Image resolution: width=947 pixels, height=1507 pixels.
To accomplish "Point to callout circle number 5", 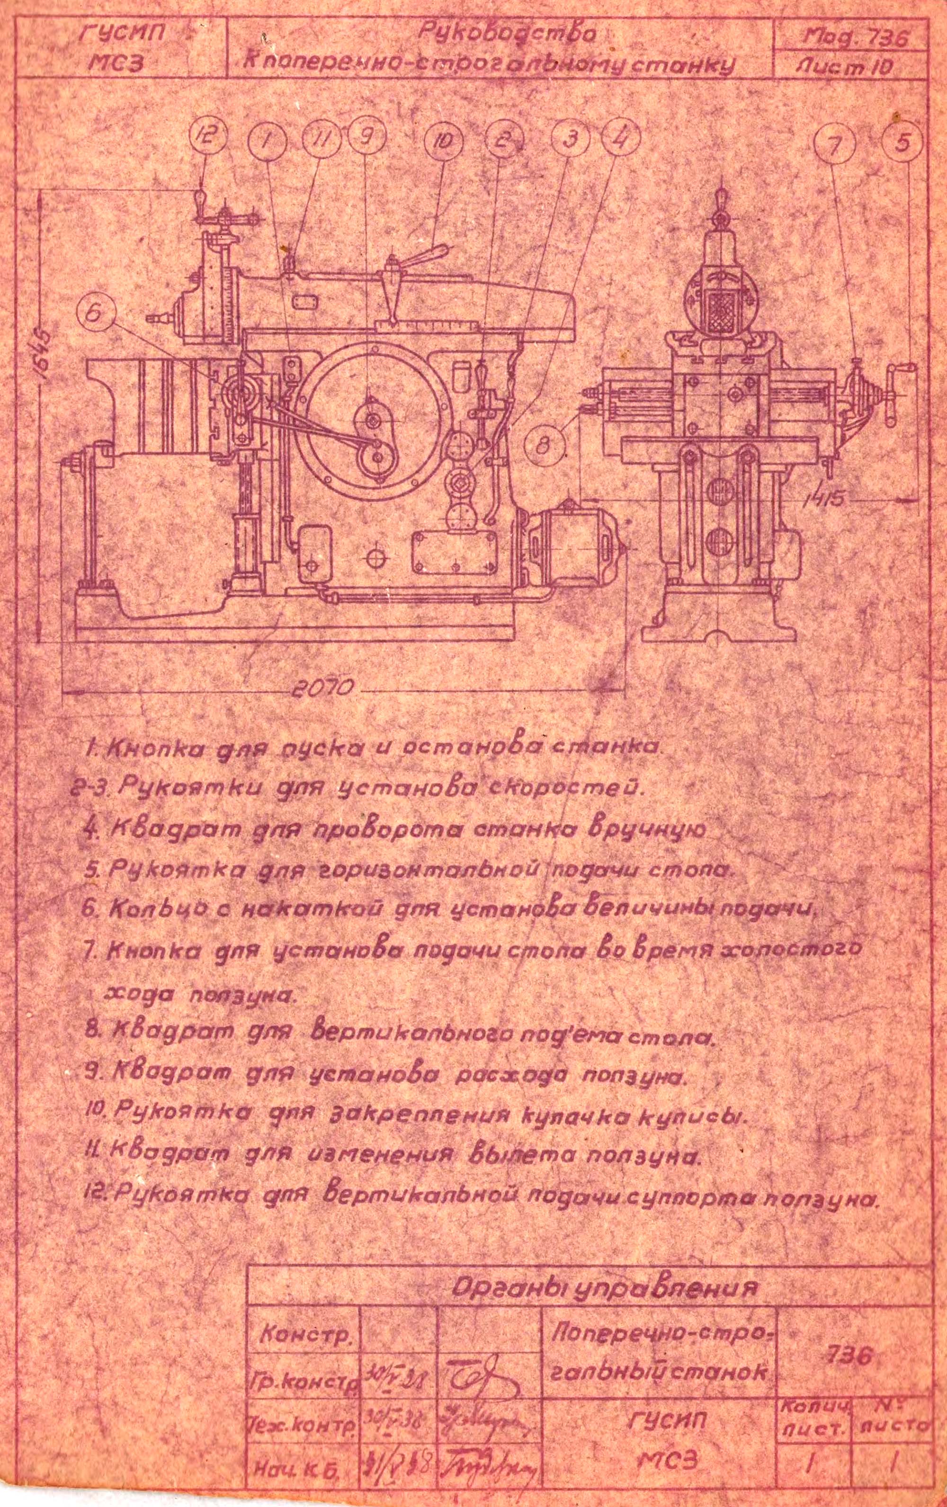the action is tap(902, 143).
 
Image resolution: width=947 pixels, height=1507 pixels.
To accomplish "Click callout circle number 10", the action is tap(443, 142).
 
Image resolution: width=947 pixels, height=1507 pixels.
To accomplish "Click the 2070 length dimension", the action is tap(324, 688).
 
